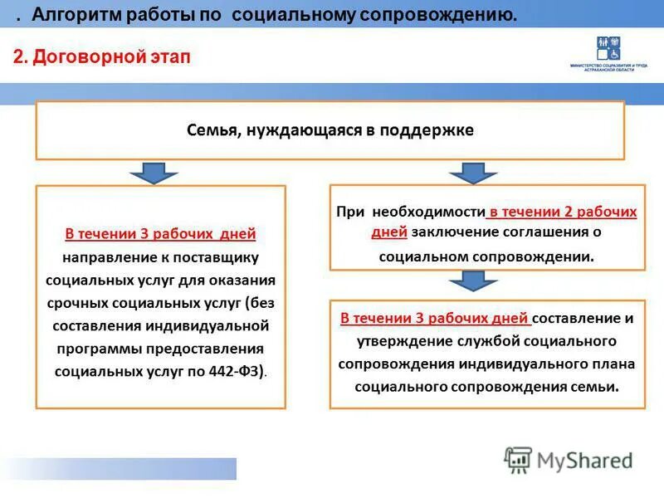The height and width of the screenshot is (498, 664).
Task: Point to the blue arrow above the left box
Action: pyautogui.click(x=154, y=173)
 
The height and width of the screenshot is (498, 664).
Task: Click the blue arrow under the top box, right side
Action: pyautogui.click(x=473, y=173)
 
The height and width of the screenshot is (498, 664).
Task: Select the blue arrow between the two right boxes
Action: pyautogui.click(x=473, y=281)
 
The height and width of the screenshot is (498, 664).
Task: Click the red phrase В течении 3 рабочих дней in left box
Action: pyautogui.click(x=160, y=234)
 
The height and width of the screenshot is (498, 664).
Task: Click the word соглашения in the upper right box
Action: pyautogui.click(x=539, y=232)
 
